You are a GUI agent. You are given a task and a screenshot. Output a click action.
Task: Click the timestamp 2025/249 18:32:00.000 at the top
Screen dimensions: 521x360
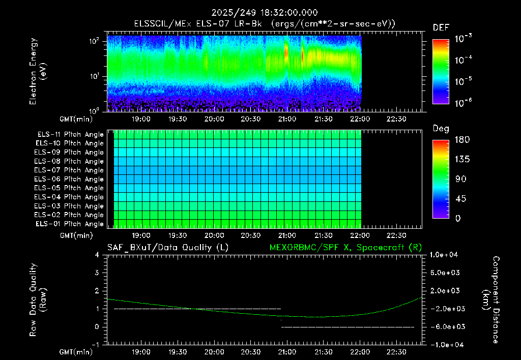tap(265, 13)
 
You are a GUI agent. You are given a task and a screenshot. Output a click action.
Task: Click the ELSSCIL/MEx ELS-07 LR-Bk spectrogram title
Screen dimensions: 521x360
tap(198, 24)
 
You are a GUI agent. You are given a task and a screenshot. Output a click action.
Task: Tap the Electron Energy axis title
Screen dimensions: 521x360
tap(38, 71)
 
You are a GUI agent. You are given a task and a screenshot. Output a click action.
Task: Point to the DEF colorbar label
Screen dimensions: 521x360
tap(441, 27)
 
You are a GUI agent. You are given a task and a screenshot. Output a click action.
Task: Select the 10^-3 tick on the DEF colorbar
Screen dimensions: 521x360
tap(463, 38)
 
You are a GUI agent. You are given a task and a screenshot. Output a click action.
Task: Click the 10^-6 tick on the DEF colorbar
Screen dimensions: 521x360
tap(463, 103)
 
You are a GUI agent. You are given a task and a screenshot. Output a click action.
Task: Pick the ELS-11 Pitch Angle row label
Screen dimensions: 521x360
tap(70, 135)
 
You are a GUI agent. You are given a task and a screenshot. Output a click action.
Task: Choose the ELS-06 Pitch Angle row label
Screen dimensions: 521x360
tap(69, 179)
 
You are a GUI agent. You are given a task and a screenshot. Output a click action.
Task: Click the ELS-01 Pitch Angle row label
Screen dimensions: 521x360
tap(70, 224)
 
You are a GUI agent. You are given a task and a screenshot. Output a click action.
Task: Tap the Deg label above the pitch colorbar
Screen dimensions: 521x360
tap(441, 129)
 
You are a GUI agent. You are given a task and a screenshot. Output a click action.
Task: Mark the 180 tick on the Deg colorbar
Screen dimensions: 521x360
tap(462, 139)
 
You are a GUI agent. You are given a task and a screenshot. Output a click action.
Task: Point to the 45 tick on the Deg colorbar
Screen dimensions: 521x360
tap(460, 199)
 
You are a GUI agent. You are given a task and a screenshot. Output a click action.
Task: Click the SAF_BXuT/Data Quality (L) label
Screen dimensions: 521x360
tap(168, 248)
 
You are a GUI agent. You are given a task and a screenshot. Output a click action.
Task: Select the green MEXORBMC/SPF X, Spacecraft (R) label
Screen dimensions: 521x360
tap(345, 248)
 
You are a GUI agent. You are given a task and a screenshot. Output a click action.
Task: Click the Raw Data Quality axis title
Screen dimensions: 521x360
tap(38, 300)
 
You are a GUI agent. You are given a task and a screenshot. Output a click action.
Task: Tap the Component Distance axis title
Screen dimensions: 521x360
tap(491, 300)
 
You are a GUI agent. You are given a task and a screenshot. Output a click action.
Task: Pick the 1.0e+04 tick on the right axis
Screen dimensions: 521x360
tap(444, 255)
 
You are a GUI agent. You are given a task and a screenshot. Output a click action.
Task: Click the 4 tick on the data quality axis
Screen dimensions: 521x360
tap(97, 255)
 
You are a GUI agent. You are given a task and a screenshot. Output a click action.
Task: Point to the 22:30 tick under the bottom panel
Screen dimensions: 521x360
tap(396, 352)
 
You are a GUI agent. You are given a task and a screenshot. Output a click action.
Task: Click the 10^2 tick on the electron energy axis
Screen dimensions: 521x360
tap(94, 41)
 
